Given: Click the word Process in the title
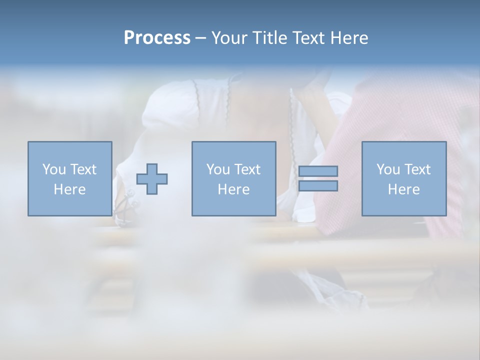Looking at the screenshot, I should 157,38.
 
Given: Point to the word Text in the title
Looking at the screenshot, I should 308,38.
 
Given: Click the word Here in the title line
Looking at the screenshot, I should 349,38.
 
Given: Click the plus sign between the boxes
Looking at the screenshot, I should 152,179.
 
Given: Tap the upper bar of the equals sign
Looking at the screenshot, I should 318,171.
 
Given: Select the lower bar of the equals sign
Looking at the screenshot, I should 318,186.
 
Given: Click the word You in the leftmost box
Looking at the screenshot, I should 54,169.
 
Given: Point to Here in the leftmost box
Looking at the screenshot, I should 69,189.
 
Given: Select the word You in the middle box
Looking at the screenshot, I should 218,169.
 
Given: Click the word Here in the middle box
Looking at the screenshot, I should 233,189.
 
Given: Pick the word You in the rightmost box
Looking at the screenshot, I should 388,169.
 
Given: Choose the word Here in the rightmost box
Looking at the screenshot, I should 403,189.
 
